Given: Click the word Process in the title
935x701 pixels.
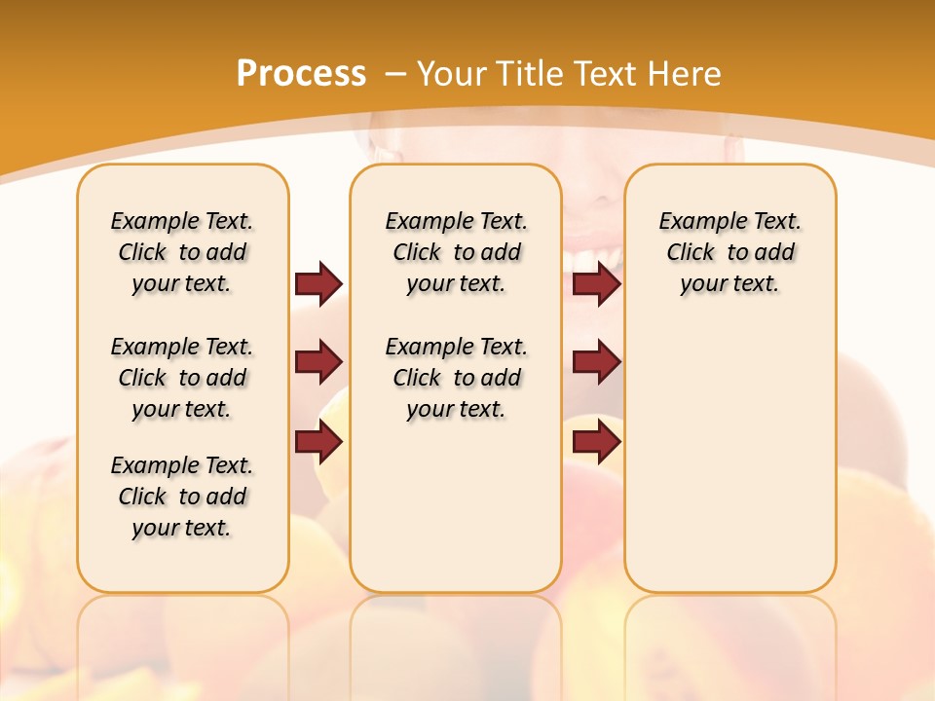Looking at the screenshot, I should pyautogui.click(x=301, y=73).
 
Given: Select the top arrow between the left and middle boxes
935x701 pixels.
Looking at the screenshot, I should pyautogui.click(x=318, y=283).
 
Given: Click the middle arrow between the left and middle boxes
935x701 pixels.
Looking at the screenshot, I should pyautogui.click(x=318, y=362).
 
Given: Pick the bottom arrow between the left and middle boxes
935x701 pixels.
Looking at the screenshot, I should pyautogui.click(x=318, y=442).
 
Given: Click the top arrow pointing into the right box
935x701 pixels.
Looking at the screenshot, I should pyautogui.click(x=596, y=283).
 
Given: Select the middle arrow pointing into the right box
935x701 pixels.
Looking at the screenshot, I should pyautogui.click(x=596, y=362).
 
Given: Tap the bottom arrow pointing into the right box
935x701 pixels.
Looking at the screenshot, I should pyautogui.click(x=596, y=442).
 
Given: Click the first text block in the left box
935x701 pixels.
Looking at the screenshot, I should pyautogui.click(x=182, y=252).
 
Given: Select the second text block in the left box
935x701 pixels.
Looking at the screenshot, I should pyautogui.click(x=182, y=378).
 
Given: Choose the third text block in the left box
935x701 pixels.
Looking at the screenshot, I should pyautogui.click(x=182, y=497).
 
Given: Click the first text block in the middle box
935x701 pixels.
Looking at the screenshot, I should pyautogui.click(x=456, y=252).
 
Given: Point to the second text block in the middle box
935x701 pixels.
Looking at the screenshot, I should pyautogui.click(x=456, y=378).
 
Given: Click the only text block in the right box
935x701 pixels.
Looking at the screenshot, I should pyautogui.click(x=729, y=252).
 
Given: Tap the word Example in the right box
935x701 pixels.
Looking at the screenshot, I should pyautogui.click(x=693, y=222).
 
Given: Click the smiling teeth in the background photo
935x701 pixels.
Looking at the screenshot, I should pyautogui.click(x=594, y=258).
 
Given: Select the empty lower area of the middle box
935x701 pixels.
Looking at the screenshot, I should pyautogui.click(x=456, y=506).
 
